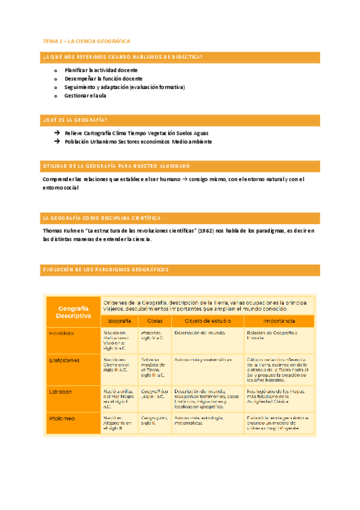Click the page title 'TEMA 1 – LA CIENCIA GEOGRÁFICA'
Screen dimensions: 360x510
86,41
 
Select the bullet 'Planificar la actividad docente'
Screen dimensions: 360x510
102,70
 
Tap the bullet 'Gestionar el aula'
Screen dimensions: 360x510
85,95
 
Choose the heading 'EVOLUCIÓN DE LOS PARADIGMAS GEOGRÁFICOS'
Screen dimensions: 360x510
106,269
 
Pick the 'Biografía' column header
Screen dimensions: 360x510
119,321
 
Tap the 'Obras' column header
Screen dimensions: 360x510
154,321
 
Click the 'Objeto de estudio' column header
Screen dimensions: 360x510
207,321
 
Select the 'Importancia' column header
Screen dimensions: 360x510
278,321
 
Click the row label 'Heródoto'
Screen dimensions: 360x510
61,333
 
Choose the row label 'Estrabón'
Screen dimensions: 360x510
61,391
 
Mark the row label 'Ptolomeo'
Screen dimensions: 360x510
61,417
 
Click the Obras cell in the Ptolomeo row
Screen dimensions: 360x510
154,420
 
